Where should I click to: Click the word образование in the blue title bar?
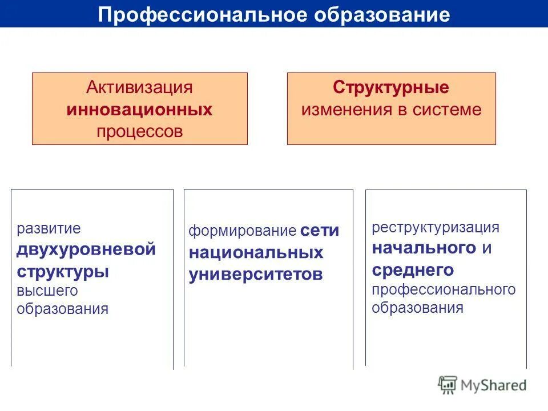point(382,15)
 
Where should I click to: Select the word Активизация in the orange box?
point(139,88)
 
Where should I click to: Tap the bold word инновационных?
point(139,110)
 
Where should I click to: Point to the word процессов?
point(139,131)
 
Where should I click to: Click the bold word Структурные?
point(391,88)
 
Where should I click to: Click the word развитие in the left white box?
point(49,229)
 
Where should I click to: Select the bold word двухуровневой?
point(86,249)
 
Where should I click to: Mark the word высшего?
point(47,291)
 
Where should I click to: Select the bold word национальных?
point(256,252)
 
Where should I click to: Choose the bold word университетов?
point(256,274)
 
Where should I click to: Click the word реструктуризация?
point(436,227)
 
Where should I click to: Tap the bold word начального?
point(424,248)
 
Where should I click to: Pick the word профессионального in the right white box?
point(444,289)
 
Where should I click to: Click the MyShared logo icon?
point(448,385)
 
